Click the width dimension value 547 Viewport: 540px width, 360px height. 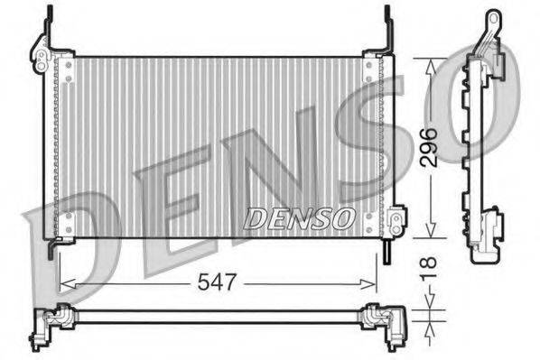tap(218, 282)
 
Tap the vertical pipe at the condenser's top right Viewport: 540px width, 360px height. tap(387, 27)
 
